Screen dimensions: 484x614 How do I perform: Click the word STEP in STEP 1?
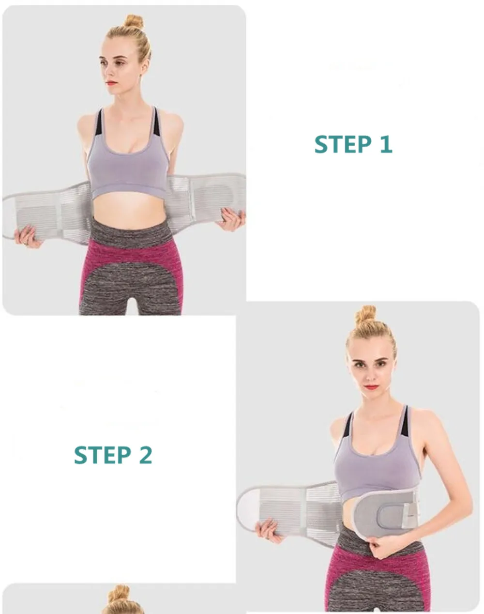tap(343, 144)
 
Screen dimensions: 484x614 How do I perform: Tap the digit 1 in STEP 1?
tap(386, 144)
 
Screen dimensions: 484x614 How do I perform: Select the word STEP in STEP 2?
tap(103, 455)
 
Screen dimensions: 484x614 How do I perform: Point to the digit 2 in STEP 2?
tap(146, 455)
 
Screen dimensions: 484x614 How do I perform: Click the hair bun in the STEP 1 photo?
tap(134, 22)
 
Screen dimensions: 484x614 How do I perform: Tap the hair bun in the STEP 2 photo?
tap(365, 314)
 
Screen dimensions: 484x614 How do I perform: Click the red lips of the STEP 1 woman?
tap(111, 83)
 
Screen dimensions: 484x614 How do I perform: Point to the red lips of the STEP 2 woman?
tap(371, 387)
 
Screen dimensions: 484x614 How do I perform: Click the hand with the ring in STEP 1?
tap(28, 237)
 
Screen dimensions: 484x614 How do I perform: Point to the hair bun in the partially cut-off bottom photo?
tap(120, 593)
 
